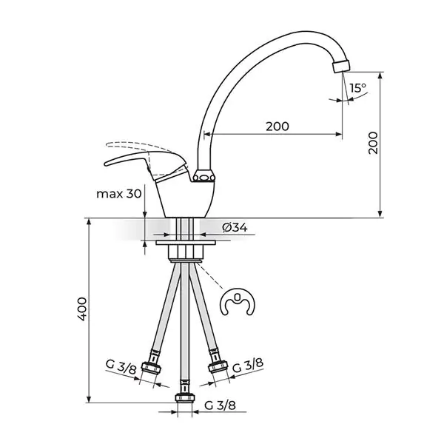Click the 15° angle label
[357, 88]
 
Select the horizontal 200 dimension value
[277, 127]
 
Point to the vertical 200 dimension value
[373, 143]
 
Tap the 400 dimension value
[82, 309]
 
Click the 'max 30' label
[119, 194]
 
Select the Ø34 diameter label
[235, 227]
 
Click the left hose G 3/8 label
[121, 366]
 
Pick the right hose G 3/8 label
[248, 366]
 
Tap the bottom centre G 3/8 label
[220, 406]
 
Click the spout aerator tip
[341, 67]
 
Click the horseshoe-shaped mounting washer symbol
[238, 302]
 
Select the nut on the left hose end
[151, 369]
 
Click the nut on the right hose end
[218, 367]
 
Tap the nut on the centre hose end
[185, 397]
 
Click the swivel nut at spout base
[204, 176]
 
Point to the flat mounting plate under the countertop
[186, 243]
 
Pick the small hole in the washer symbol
[238, 297]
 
